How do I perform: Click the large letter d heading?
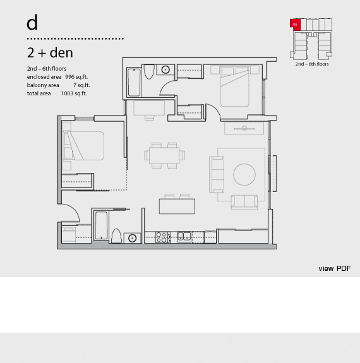coord(32,23)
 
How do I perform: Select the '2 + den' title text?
coord(50,52)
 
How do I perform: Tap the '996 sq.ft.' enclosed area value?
coord(76,77)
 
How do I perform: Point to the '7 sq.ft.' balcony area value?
coord(81,85)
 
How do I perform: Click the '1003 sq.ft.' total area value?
coord(74,93)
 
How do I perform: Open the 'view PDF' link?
coord(335,268)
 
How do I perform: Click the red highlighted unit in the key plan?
coord(296,25)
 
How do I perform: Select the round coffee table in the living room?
coord(244,174)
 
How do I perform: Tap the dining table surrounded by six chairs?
coord(164,155)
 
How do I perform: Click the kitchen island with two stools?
coord(177,206)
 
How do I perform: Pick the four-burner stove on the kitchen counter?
coord(163,237)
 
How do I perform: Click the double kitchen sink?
coord(184,237)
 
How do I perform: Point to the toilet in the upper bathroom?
coord(149,71)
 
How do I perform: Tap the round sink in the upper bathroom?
coord(165,69)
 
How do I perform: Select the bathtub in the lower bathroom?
coord(102,225)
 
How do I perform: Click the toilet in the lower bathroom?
coord(116,236)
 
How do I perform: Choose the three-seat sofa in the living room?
coord(217,175)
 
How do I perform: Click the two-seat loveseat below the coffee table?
coord(244,202)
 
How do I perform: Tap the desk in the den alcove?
coord(149,108)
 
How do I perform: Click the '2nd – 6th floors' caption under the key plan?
coord(312,64)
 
